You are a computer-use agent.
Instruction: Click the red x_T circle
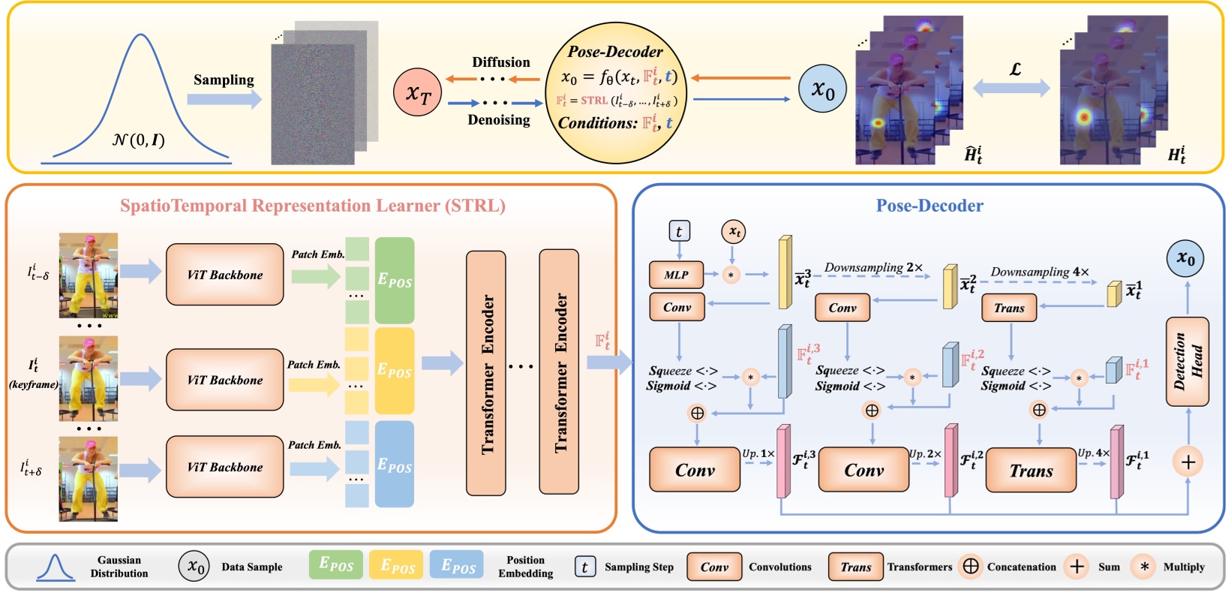(418, 92)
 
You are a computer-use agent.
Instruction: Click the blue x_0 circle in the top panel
(822, 89)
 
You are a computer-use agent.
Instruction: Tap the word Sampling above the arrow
(224, 80)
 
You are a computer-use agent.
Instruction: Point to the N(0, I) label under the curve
(139, 140)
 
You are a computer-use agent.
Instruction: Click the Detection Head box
(1187, 362)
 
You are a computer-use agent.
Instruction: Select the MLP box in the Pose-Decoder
(676, 275)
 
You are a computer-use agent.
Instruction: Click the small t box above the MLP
(679, 231)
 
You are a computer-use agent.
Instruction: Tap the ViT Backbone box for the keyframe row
(224, 380)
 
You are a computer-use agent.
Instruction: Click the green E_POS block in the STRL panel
(395, 281)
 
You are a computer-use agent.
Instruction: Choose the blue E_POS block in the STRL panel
(395, 465)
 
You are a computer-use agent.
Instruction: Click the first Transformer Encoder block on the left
(486, 373)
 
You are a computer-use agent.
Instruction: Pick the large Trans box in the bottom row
(1031, 471)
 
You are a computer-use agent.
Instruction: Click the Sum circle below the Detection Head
(1187, 462)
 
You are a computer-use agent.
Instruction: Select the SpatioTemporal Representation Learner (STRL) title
(313, 206)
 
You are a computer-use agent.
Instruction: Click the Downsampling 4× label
(1040, 272)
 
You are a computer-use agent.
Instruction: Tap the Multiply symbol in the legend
(1144, 567)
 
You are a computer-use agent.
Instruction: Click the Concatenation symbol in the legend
(971, 567)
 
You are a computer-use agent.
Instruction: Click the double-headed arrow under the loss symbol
(1011, 89)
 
